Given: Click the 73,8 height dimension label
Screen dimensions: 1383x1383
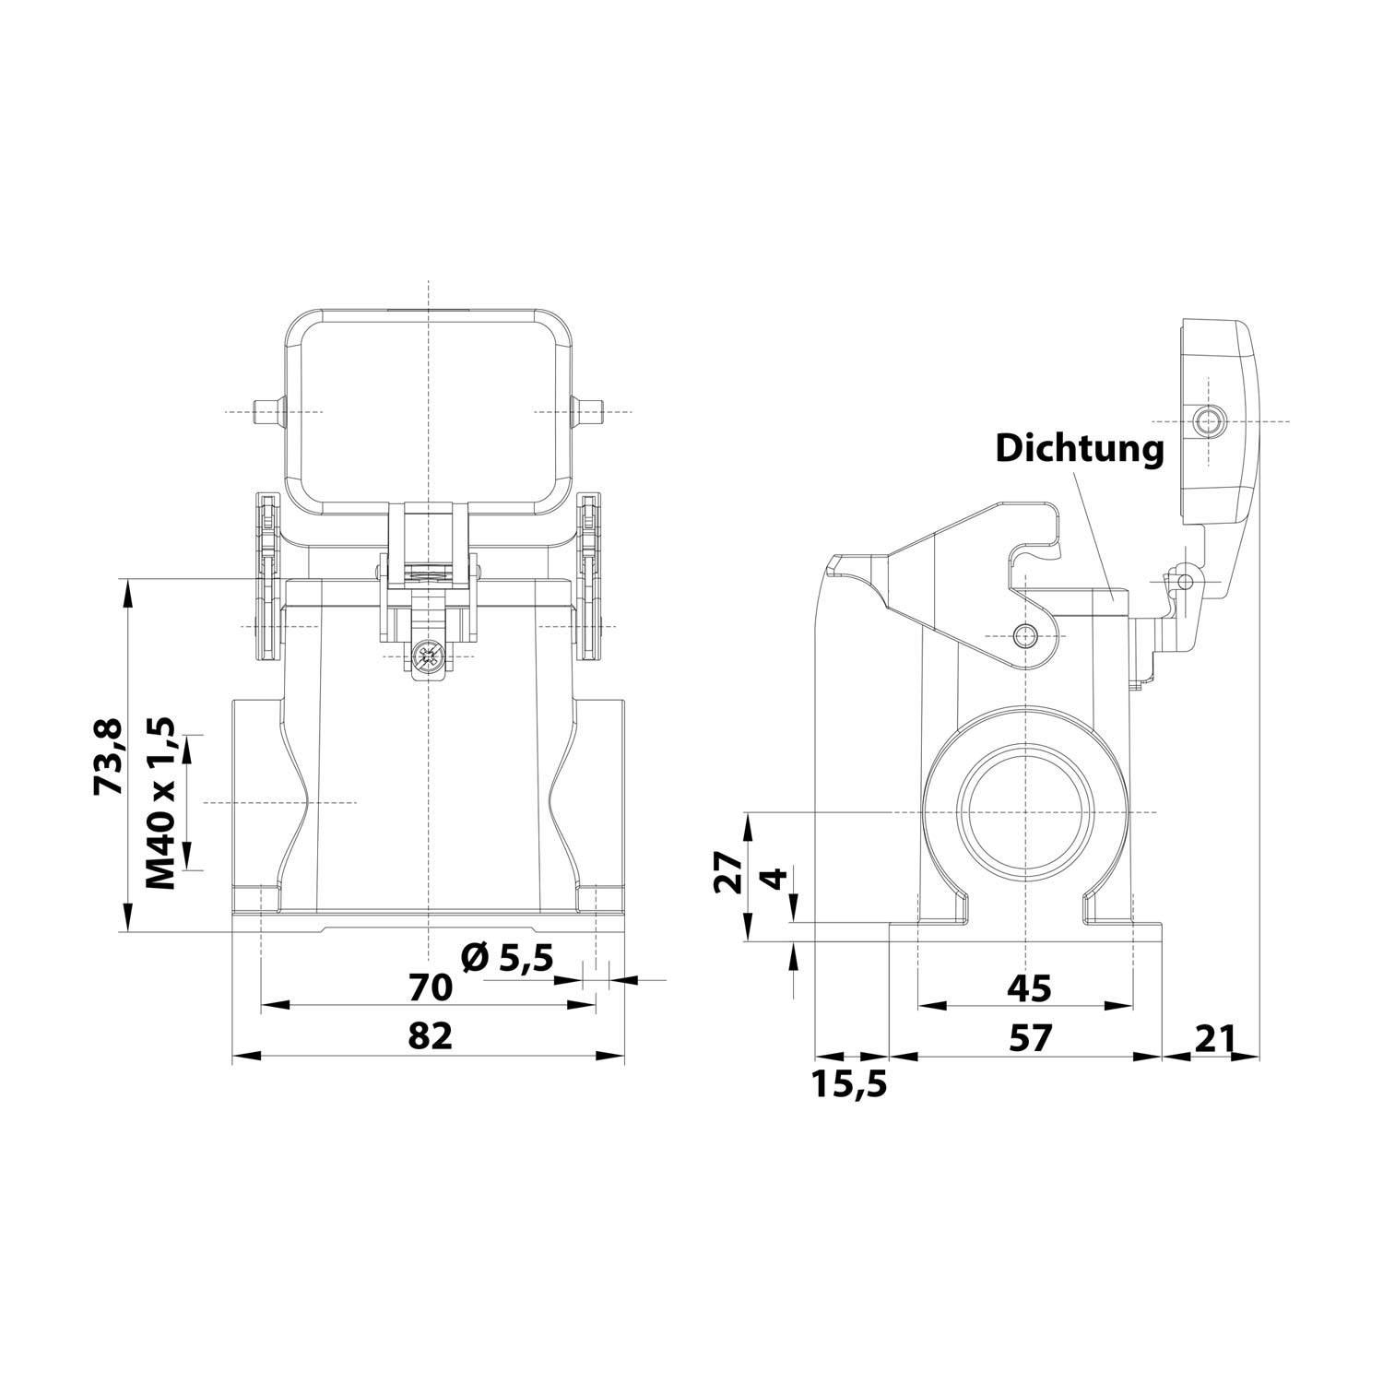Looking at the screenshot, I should click(107, 757).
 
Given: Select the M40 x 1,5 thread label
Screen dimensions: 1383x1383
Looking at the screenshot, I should click(160, 801).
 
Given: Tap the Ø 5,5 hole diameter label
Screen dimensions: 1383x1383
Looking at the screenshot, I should click(506, 959).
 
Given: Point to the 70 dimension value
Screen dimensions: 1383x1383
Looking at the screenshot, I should click(431, 987).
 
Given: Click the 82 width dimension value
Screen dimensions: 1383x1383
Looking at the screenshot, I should click(431, 1036).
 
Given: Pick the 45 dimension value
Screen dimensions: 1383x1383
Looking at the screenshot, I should click(1028, 987).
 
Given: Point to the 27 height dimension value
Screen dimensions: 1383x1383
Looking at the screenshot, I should click(728, 873).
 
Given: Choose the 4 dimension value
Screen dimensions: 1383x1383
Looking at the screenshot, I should click(777, 878).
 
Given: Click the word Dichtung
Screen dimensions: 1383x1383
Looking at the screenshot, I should click(1079, 449).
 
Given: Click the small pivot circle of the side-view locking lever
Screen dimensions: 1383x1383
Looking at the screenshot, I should click(1024, 635).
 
